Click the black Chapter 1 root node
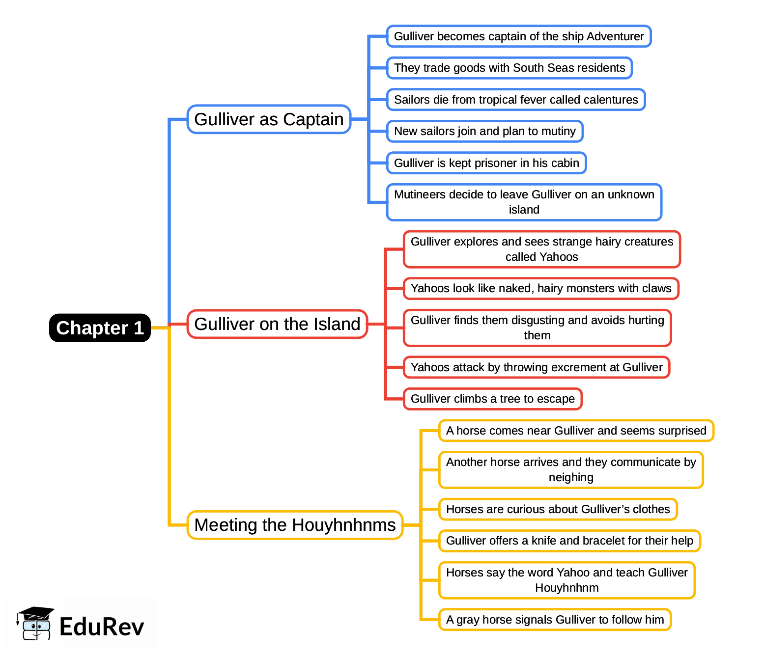(100, 328)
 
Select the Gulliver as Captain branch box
(269, 119)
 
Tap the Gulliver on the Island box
(277, 324)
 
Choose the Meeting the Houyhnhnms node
(295, 525)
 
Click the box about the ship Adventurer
(518, 36)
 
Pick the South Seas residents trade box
(509, 68)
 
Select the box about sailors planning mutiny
(484, 131)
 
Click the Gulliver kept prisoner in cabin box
(486, 163)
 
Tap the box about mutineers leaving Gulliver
(524, 202)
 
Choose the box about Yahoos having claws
(540, 288)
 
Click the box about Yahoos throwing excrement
(536, 367)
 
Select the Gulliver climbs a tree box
(492, 399)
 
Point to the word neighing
(571, 477)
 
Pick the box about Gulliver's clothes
(558, 509)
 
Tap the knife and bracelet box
(569, 541)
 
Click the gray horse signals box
(555, 620)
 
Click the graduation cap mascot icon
(35, 624)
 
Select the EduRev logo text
(102, 627)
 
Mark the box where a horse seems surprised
(576, 431)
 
